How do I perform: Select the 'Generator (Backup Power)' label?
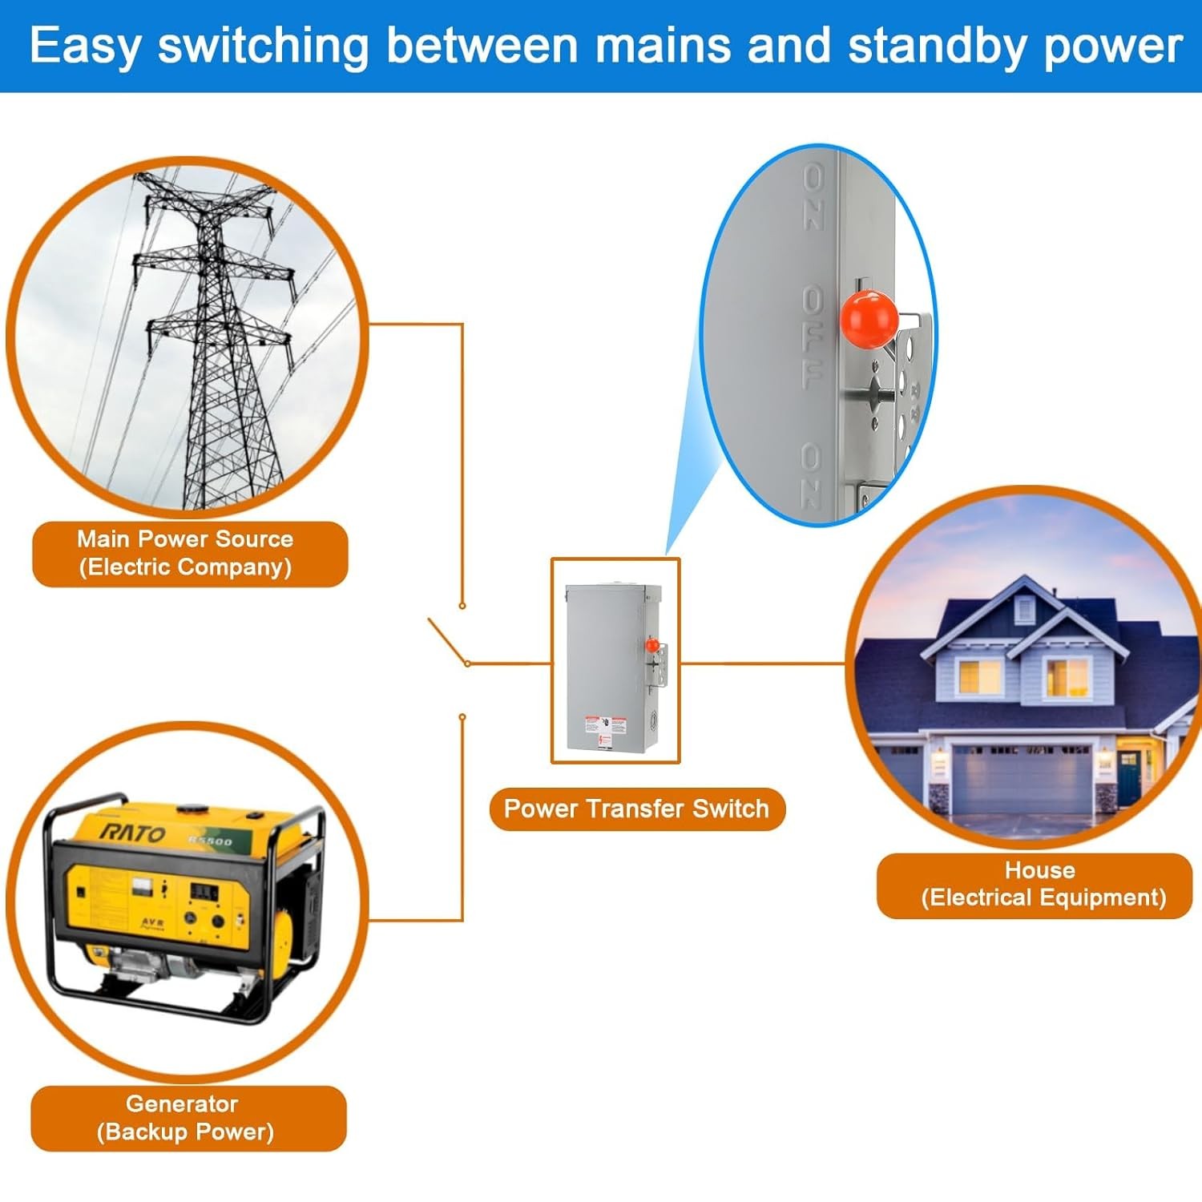coord(188,1118)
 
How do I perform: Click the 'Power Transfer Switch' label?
coord(637,809)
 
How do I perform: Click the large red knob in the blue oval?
coord(868,319)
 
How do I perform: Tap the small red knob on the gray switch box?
coord(652,644)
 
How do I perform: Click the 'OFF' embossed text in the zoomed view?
coord(813,337)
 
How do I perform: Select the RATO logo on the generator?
coord(133,833)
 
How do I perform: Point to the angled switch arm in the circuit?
coord(447,641)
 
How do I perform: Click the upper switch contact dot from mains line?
coord(462,606)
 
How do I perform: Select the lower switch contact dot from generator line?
coord(462,717)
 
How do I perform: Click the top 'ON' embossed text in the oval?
coord(814,196)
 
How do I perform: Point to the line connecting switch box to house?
coord(761,664)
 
